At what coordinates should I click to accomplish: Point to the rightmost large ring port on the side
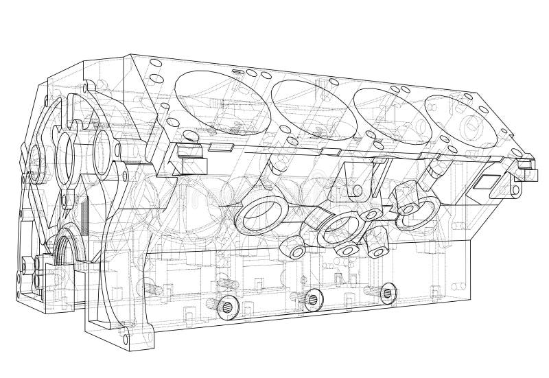click(x=418, y=209)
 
